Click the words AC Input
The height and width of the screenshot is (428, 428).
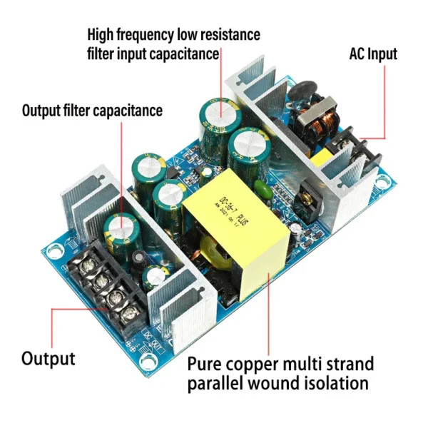(x=372, y=53)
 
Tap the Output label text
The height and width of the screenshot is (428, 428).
(x=48, y=357)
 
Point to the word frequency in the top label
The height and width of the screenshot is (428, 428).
(x=146, y=34)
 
